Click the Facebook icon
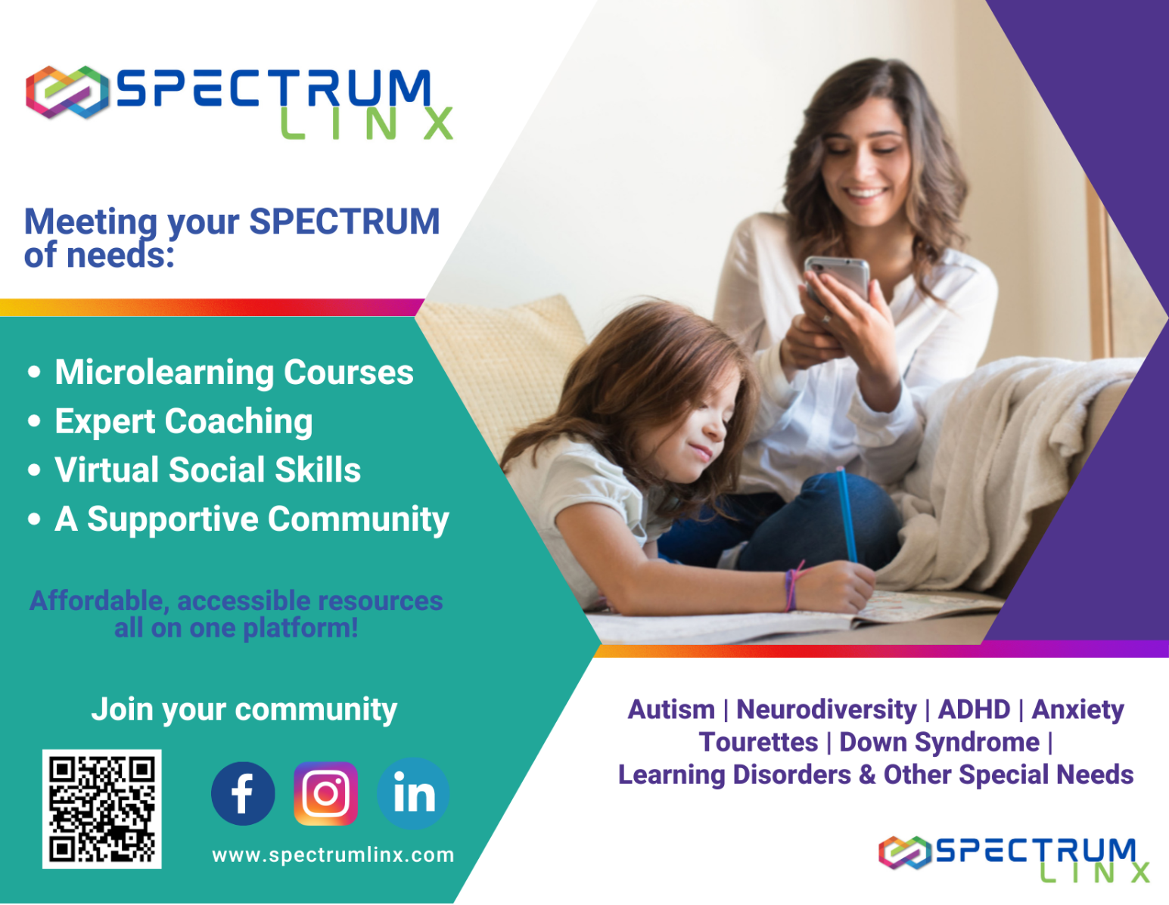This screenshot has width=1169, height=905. [x=243, y=793]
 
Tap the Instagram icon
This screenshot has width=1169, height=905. [x=325, y=793]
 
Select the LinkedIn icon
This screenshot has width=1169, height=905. [x=413, y=793]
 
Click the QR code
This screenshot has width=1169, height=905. [x=101, y=809]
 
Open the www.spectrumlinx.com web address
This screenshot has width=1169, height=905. [x=333, y=855]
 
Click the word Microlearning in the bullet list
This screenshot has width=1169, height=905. [x=165, y=373]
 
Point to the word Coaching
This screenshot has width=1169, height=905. [x=238, y=421]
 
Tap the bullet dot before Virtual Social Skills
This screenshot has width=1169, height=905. [x=35, y=470]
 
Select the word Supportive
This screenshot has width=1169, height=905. [x=173, y=519]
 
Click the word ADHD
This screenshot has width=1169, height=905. [x=975, y=709]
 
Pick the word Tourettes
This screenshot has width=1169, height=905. [x=759, y=742]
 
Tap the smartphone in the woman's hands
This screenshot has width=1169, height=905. [x=837, y=281]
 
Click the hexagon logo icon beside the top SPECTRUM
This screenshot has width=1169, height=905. [x=67, y=92]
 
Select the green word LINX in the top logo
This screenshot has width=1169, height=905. [x=366, y=123]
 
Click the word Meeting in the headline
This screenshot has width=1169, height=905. [x=90, y=222]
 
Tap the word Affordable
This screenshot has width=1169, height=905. [x=99, y=601]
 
